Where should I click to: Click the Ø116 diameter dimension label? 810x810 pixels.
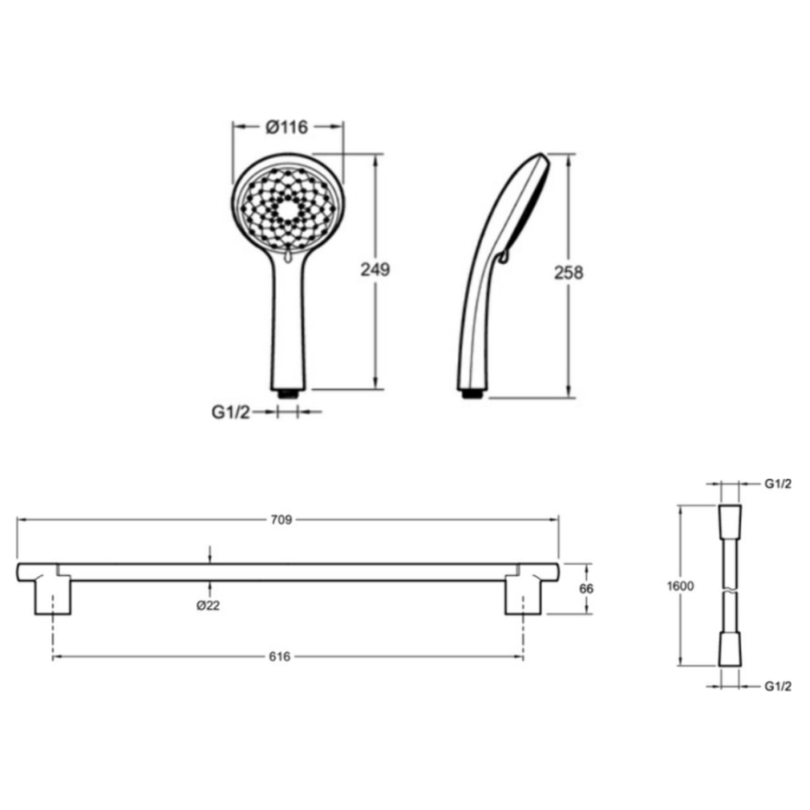click(x=287, y=127)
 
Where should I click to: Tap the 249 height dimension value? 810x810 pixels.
click(x=375, y=270)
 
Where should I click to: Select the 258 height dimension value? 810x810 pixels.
click(x=569, y=273)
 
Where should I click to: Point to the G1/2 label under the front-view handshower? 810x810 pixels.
click(x=231, y=412)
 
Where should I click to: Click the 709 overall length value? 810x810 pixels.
click(x=281, y=520)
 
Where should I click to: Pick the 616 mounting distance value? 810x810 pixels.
click(x=279, y=657)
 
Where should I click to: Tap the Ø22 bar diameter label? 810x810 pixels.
click(x=208, y=606)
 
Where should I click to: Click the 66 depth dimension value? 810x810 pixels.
click(x=586, y=588)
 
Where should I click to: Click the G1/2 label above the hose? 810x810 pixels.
click(x=778, y=484)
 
